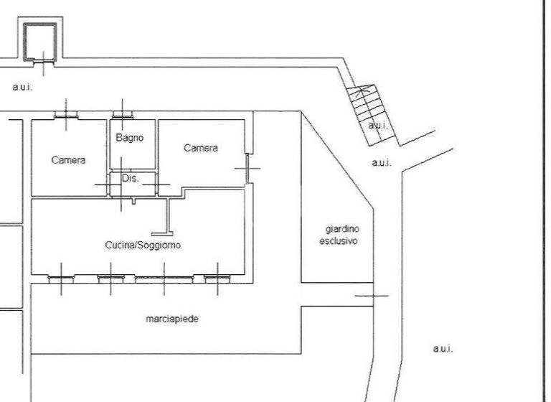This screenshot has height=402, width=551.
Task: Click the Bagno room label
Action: coord(130,137)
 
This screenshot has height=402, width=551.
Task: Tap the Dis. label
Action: coord(130,178)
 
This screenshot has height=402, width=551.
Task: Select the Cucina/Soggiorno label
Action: coord(143,245)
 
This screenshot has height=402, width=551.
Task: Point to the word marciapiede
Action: coord(171,319)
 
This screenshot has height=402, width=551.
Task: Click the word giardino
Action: coord(342,229)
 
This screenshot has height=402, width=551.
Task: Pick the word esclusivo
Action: coord(338,241)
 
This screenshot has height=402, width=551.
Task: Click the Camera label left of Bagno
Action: coord(68,160)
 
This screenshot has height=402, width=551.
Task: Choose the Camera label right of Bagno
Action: coord(200,148)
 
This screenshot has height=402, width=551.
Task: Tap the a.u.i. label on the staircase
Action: coord(378,125)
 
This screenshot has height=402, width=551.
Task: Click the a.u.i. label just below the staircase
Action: coord(382,163)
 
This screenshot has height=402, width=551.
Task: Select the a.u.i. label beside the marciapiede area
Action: coord(443,349)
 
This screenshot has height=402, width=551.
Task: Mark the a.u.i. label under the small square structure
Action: coord(23,87)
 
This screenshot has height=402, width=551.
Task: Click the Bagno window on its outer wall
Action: coord(122,114)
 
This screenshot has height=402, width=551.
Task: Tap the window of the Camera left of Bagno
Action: coord(66,115)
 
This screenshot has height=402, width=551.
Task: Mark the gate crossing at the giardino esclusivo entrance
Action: coord(372,295)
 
